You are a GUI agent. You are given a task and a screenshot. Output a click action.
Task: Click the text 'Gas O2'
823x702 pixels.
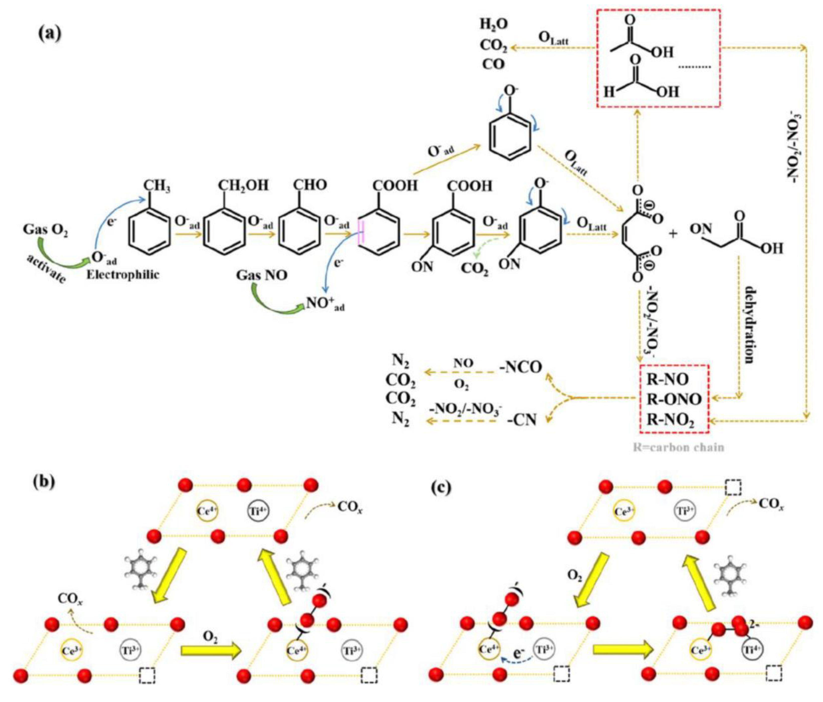[x=45, y=230]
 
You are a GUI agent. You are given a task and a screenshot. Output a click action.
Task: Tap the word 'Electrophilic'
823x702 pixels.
[x=123, y=274]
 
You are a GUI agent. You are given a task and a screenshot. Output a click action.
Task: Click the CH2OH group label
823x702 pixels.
[x=243, y=185]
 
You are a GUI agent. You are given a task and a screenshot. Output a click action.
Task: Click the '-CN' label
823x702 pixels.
[x=522, y=420]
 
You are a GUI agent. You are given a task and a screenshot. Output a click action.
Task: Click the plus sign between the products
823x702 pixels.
[x=673, y=234]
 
